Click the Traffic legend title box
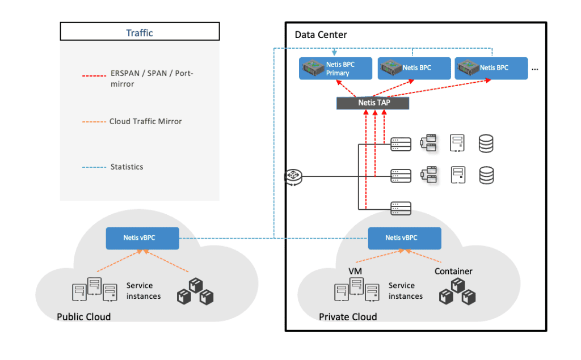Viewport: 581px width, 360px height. [x=140, y=32]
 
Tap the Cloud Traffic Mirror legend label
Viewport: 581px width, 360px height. [x=145, y=121]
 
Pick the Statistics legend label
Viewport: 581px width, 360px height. [x=127, y=167]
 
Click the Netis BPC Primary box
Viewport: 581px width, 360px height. [x=335, y=69]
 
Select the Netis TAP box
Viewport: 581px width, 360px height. [x=372, y=103]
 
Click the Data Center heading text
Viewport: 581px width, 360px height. [x=321, y=35]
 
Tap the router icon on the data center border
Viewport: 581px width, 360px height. [x=293, y=177]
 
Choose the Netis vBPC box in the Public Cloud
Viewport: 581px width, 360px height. [x=142, y=238]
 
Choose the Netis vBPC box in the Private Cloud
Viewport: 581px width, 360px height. [x=405, y=238]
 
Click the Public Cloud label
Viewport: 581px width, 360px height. [x=83, y=316]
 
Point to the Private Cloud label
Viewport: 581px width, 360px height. [x=347, y=316]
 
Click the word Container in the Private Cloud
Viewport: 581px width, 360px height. [x=453, y=271]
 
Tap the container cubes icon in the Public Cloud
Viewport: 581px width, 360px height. [x=196, y=291]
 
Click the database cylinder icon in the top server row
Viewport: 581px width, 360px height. [x=486, y=143]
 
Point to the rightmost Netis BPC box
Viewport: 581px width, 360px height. [x=491, y=68]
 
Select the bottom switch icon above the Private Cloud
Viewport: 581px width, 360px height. [x=401, y=208]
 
